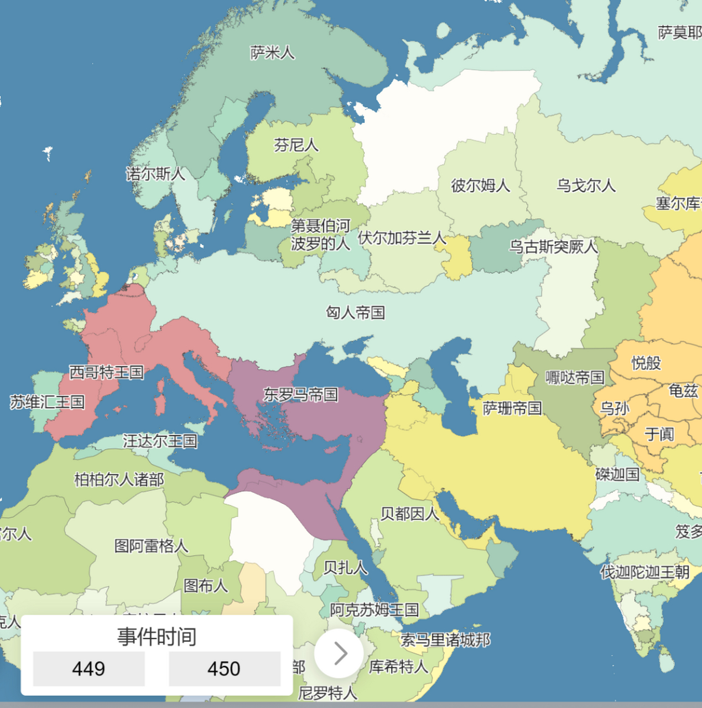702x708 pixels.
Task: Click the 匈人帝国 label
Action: pos(355,313)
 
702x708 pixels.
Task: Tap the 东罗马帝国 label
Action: pos(300,394)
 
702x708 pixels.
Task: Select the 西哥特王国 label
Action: pos(106,372)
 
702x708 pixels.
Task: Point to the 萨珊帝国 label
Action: pos(512,408)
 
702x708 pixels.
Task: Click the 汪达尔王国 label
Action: pos(160,441)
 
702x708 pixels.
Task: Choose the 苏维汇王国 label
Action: pos(48,402)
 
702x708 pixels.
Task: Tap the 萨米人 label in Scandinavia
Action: pos(272,53)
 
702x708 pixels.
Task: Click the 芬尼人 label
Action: pos(296,145)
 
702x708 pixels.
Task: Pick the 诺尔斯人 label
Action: pos(155,174)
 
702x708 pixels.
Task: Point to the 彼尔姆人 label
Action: pos(480,185)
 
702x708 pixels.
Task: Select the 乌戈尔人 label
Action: pos(586,185)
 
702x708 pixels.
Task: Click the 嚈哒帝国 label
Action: pos(575,377)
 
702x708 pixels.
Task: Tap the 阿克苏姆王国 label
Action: pos(374,610)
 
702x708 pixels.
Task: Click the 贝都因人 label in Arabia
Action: pos(409,514)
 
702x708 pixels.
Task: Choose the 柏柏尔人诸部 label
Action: pos(119,479)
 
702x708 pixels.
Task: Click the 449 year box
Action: pos(89,669)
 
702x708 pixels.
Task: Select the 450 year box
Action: pos(224,669)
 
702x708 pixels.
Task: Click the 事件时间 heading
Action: pos(157,637)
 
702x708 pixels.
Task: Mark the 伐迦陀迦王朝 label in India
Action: pos(645,571)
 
